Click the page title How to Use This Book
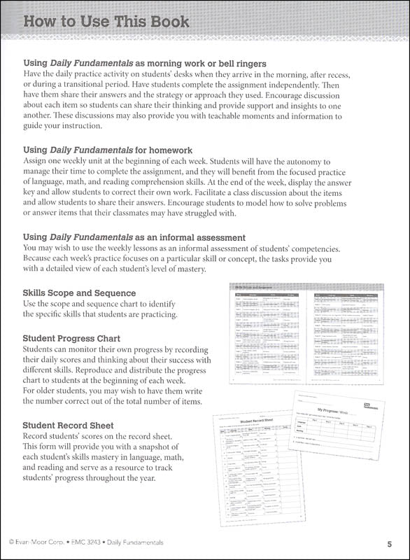[106, 22]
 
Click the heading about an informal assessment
[134, 237]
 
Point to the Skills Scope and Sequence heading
[79, 293]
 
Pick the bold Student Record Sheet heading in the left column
[68, 425]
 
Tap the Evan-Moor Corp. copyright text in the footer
[36, 543]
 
